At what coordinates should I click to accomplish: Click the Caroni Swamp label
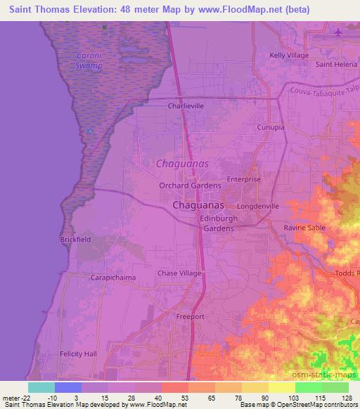(x=90, y=60)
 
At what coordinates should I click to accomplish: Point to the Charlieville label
(x=186, y=107)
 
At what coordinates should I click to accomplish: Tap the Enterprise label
(x=243, y=179)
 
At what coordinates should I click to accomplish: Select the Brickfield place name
(x=75, y=240)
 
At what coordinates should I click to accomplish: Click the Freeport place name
(x=190, y=317)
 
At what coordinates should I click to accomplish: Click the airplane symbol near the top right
(x=339, y=32)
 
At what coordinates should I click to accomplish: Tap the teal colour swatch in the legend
(x=41, y=387)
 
